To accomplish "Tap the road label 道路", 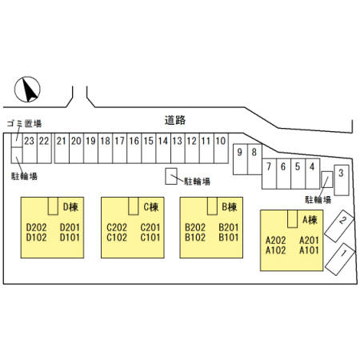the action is point(175,120).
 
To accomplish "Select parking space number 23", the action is point(30,148).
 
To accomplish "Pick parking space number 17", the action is point(120,148).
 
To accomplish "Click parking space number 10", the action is point(221,148).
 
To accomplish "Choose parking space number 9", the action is point(240,159).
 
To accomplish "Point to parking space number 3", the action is point(342,180).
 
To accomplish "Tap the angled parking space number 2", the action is point(339,226).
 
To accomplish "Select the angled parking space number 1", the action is point(341,258).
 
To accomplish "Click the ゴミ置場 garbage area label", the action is point(24,123).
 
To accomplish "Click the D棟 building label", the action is point(70,207).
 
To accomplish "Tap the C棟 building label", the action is point(151,207).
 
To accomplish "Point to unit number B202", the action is point(195,227).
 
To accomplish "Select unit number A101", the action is point(309,250).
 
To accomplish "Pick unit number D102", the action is point(36,238).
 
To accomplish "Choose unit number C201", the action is point(150,227).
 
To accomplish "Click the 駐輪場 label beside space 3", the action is point(318,199).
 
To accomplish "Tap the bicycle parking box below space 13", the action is point(171,176).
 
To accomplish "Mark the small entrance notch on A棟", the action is point(292,219).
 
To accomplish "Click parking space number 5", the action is point(298,174).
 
